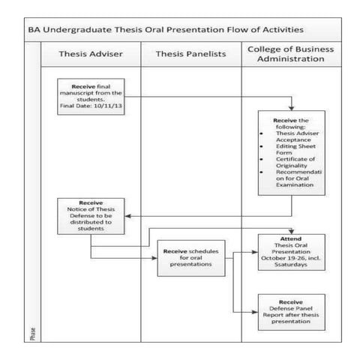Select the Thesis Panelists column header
tap(190, 55)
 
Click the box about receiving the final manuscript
tap(89, 95)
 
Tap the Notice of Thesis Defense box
tap(90, 215)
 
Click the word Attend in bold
tap(290, 238)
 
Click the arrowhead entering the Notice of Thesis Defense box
tap(125, 215)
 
